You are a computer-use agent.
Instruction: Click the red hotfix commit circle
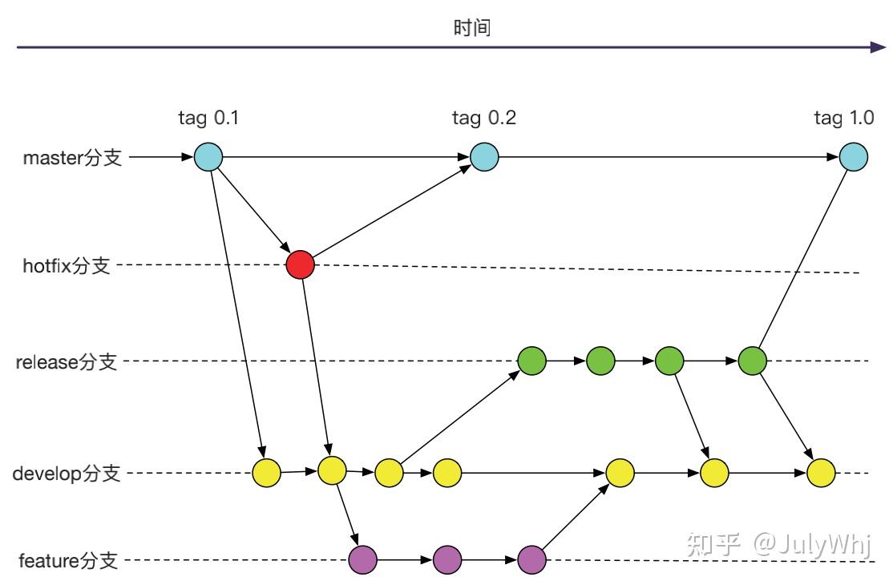301,264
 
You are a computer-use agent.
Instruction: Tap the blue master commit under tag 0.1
208,156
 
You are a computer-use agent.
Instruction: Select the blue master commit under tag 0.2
484,156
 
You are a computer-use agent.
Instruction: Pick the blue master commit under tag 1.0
854,156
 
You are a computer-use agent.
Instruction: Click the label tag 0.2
484,119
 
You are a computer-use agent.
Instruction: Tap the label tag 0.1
208,119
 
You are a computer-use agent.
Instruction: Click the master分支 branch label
73,158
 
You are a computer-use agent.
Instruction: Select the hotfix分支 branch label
67,266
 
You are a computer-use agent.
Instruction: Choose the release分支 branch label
67,362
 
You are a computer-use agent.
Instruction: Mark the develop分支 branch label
67,474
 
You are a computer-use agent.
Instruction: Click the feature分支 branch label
70,560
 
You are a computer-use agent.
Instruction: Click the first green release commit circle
532,361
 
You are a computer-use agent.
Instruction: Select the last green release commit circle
753,361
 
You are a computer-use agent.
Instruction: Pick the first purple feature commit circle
363,559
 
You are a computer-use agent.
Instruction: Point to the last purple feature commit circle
532,559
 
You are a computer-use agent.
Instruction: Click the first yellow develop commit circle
267,473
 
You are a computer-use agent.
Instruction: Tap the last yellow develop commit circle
822,473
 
